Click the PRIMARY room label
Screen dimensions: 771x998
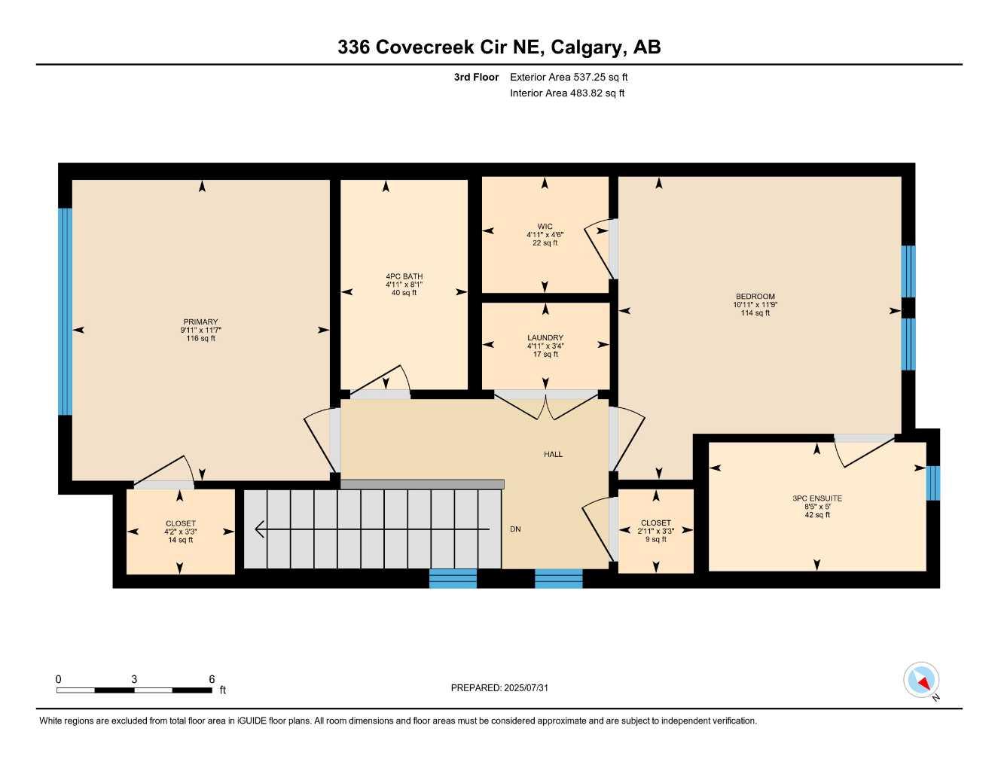[x=200, y=322]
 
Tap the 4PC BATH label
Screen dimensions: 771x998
[x=404, y=276]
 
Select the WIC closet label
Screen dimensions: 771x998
[x=545, y=227]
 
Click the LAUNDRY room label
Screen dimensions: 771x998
[x=545, y=338]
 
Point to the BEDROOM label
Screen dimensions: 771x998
[x=755, y=297]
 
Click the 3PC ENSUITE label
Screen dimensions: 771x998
[x=816, y=498]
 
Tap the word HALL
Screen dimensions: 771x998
[x=553, y=454]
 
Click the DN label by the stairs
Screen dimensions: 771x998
[x=515, y=529]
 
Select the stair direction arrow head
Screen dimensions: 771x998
[x=260, y=529]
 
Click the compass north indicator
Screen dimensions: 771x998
[x=922, y=681]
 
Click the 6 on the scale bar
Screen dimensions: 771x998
[x=212, y=679]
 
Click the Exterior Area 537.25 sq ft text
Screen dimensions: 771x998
[x=569, y=77]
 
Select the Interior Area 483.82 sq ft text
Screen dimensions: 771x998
[x=567, y=93]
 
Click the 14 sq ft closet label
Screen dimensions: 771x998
[x=180, y=540]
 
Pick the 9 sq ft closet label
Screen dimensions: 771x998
[x=655, y=539]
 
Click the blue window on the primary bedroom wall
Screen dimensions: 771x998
[x=66, y=312]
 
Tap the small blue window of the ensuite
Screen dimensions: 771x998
[x=932, y=483]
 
